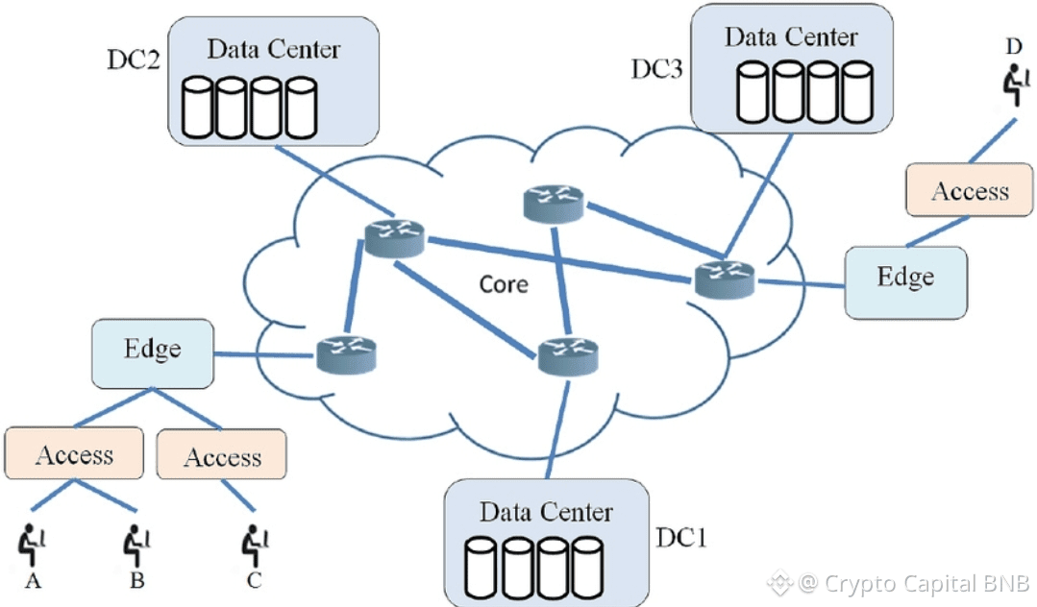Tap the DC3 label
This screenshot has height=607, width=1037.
coord(657,69)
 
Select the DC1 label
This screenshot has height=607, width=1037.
coord(681,537)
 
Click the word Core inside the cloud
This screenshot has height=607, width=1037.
coord(504,283)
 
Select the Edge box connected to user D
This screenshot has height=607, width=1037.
coord(905,281)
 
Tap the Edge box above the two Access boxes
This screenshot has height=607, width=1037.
coord(152,352)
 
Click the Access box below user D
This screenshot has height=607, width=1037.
coord(970,190)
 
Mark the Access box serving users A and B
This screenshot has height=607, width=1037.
coord(74,454)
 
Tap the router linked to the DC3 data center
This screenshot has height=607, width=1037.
coord(724,277)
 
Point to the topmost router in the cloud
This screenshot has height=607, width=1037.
coord(554,202)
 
